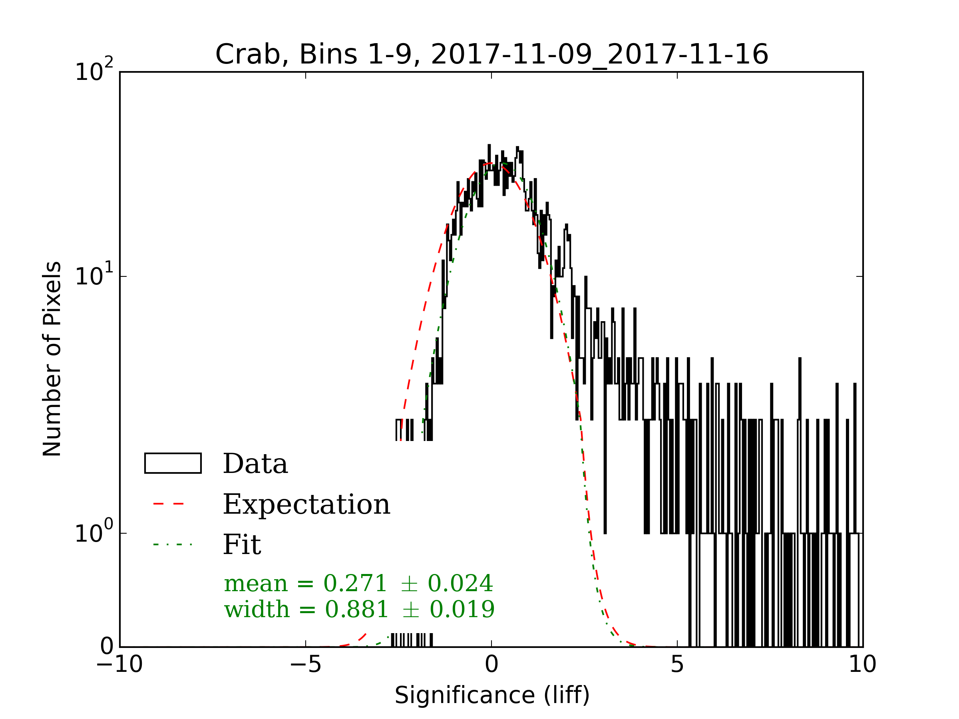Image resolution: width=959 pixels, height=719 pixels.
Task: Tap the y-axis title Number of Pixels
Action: point(52,359)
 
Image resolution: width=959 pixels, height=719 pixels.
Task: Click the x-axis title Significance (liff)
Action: point(492,695)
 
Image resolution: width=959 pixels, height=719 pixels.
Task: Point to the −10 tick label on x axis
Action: point(119,664)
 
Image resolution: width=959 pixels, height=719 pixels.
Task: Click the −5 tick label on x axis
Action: point(306,664)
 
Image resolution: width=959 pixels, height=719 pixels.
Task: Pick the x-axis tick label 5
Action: point(677,664)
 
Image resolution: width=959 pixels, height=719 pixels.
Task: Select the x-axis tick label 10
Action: point(862,664)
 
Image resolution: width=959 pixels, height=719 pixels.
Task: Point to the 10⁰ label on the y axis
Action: point(94,532)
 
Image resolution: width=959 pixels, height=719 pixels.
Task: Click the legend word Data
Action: point(255,464)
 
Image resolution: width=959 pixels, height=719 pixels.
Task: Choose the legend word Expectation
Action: point(306,505)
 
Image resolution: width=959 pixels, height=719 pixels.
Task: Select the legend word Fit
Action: point(242,545)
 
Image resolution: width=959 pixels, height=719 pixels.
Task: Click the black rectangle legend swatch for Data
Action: point(173,463)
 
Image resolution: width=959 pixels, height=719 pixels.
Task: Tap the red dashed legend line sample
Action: point(169,504)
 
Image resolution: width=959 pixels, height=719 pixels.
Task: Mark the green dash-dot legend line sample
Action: point(173,544)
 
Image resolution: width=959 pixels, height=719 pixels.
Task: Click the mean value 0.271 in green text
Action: point(355,583)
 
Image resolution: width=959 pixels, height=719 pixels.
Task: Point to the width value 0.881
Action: point(356,610)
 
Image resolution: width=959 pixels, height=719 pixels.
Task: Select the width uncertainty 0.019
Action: point(462,610)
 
